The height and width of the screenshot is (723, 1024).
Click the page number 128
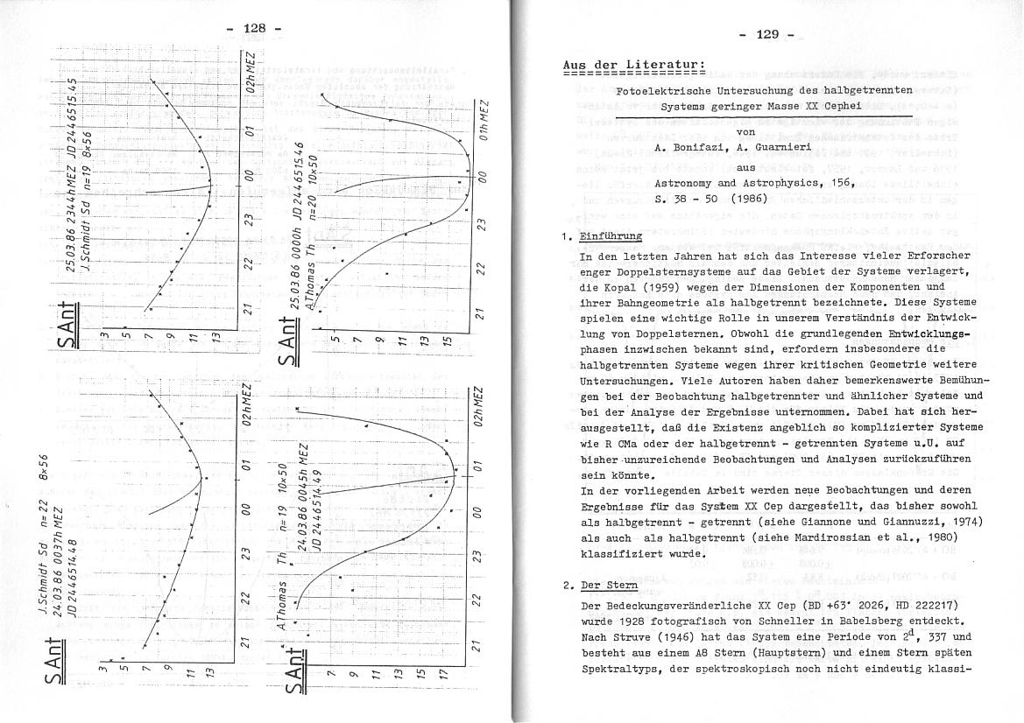pos(254,28)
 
